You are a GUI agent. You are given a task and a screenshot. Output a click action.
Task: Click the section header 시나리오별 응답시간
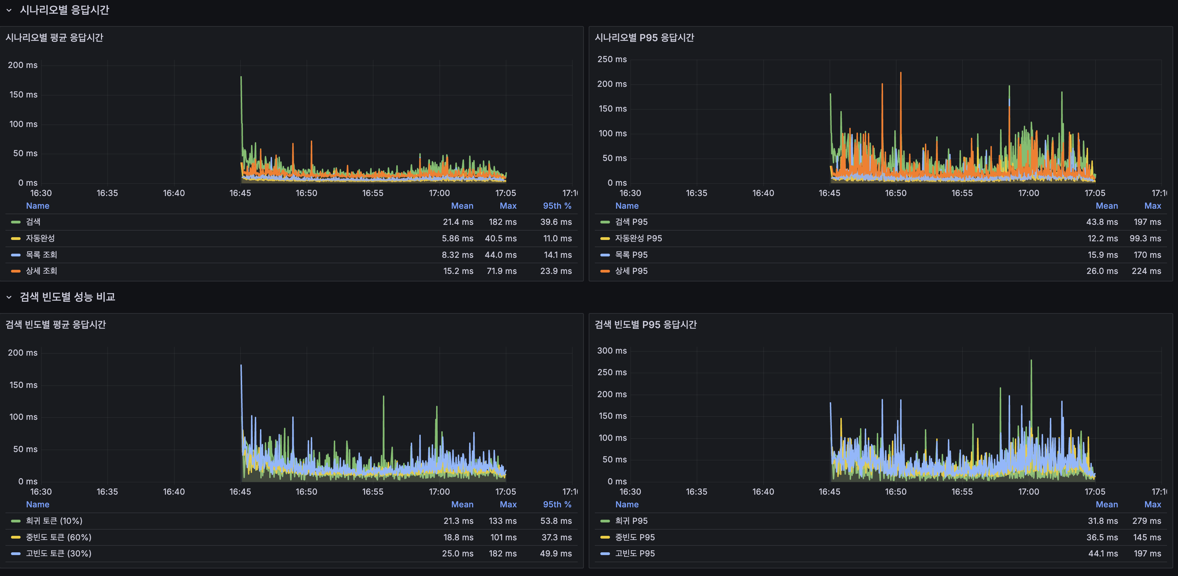coord(64,10)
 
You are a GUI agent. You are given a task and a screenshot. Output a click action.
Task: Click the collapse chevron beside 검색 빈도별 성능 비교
coord(9,297)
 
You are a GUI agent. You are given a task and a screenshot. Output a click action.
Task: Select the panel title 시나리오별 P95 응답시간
coord(644,37)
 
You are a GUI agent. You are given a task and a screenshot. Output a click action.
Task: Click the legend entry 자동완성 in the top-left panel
coord(40,238)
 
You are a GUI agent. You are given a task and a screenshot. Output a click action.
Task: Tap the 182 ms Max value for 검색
coord(502,222)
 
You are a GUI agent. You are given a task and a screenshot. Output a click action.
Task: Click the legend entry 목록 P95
coord(631,255)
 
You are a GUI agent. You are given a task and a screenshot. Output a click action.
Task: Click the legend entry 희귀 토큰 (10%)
coord(54,521)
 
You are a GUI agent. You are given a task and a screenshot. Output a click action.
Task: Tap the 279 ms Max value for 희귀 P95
coord(1146,521)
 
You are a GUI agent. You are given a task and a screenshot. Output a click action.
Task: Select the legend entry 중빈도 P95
coord(635,537)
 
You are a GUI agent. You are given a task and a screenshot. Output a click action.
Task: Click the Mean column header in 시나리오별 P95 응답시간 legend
coord(1106,206)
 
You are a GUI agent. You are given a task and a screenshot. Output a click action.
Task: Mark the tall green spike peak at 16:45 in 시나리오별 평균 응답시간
coord(241,77)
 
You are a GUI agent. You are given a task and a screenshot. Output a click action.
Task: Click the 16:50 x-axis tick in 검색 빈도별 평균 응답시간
coord(306,492)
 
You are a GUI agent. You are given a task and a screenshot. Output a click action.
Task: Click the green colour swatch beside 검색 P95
coord(605,222)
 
